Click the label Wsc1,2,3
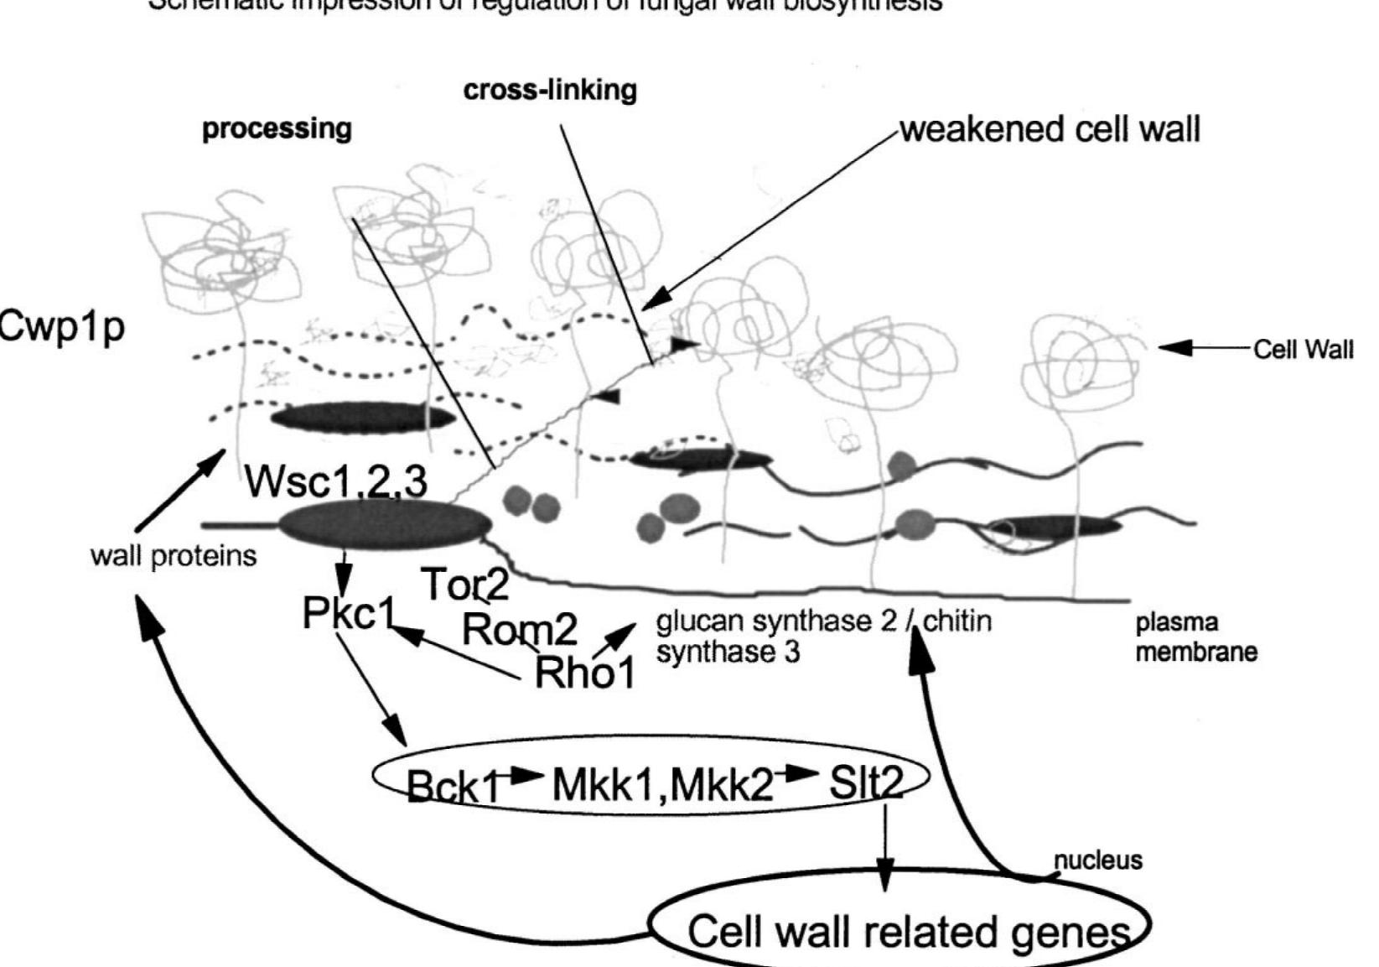(x=336, y=481)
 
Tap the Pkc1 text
(x=348, y=614)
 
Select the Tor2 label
(x=464, y=584)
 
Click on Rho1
(x=584, y=671)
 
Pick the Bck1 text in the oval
(x=453, y=786)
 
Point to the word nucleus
(x=1097, y=860)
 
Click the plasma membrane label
(x=1195, y=637)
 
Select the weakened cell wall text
(x=1050, y=129)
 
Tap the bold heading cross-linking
(x=550, y=90)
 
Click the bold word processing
(x=277, y=128)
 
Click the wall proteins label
(x=173, y=555)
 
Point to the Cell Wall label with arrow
(x=1302, y=349)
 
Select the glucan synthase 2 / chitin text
(x=823, y=621)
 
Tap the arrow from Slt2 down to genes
(x=884, y=847)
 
